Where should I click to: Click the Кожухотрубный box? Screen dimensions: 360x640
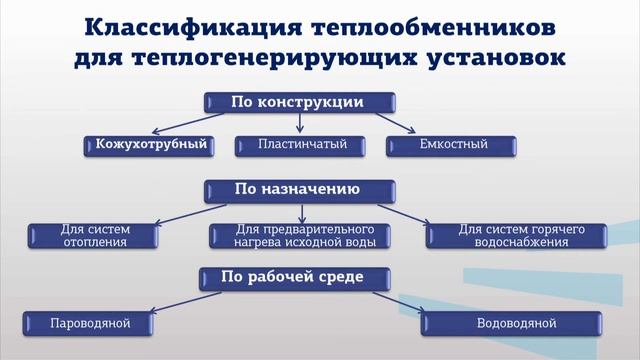151,145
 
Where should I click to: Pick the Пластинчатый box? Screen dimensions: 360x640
298,145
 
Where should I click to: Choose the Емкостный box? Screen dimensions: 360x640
454,145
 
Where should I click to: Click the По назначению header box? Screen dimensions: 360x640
298,188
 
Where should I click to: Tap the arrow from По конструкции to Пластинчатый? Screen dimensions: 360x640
299,122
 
